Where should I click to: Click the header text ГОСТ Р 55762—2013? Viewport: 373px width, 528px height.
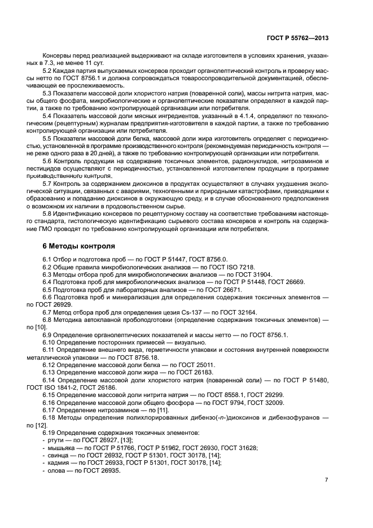[x=297, y=38]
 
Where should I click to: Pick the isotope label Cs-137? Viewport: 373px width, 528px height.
[x=183, y=312]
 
